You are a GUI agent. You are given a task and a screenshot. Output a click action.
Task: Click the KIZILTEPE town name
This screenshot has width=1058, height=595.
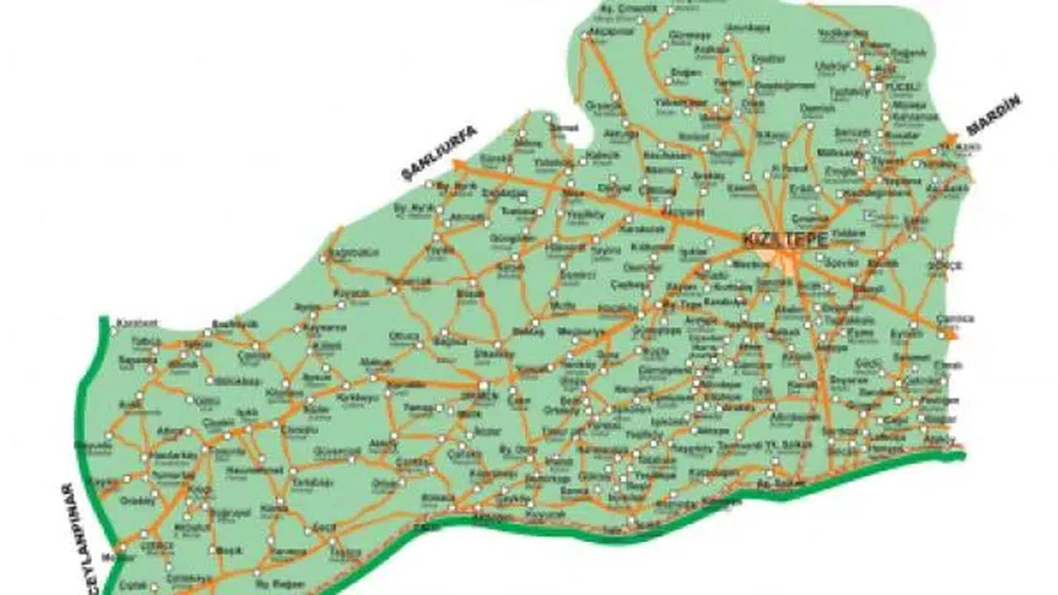[774, 239]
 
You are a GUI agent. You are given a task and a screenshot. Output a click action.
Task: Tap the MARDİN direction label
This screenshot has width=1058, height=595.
[994, 115]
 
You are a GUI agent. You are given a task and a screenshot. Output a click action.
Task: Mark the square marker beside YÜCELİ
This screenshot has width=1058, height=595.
[878, 85]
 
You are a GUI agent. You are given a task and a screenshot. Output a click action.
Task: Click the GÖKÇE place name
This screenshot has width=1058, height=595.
[940, 265]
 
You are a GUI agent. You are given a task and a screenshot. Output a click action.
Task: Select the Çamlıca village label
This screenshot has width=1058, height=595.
[956, 318]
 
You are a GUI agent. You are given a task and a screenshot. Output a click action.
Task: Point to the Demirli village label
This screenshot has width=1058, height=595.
[642, 267]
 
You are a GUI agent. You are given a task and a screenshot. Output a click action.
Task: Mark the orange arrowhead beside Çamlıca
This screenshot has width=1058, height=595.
[951, 335]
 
